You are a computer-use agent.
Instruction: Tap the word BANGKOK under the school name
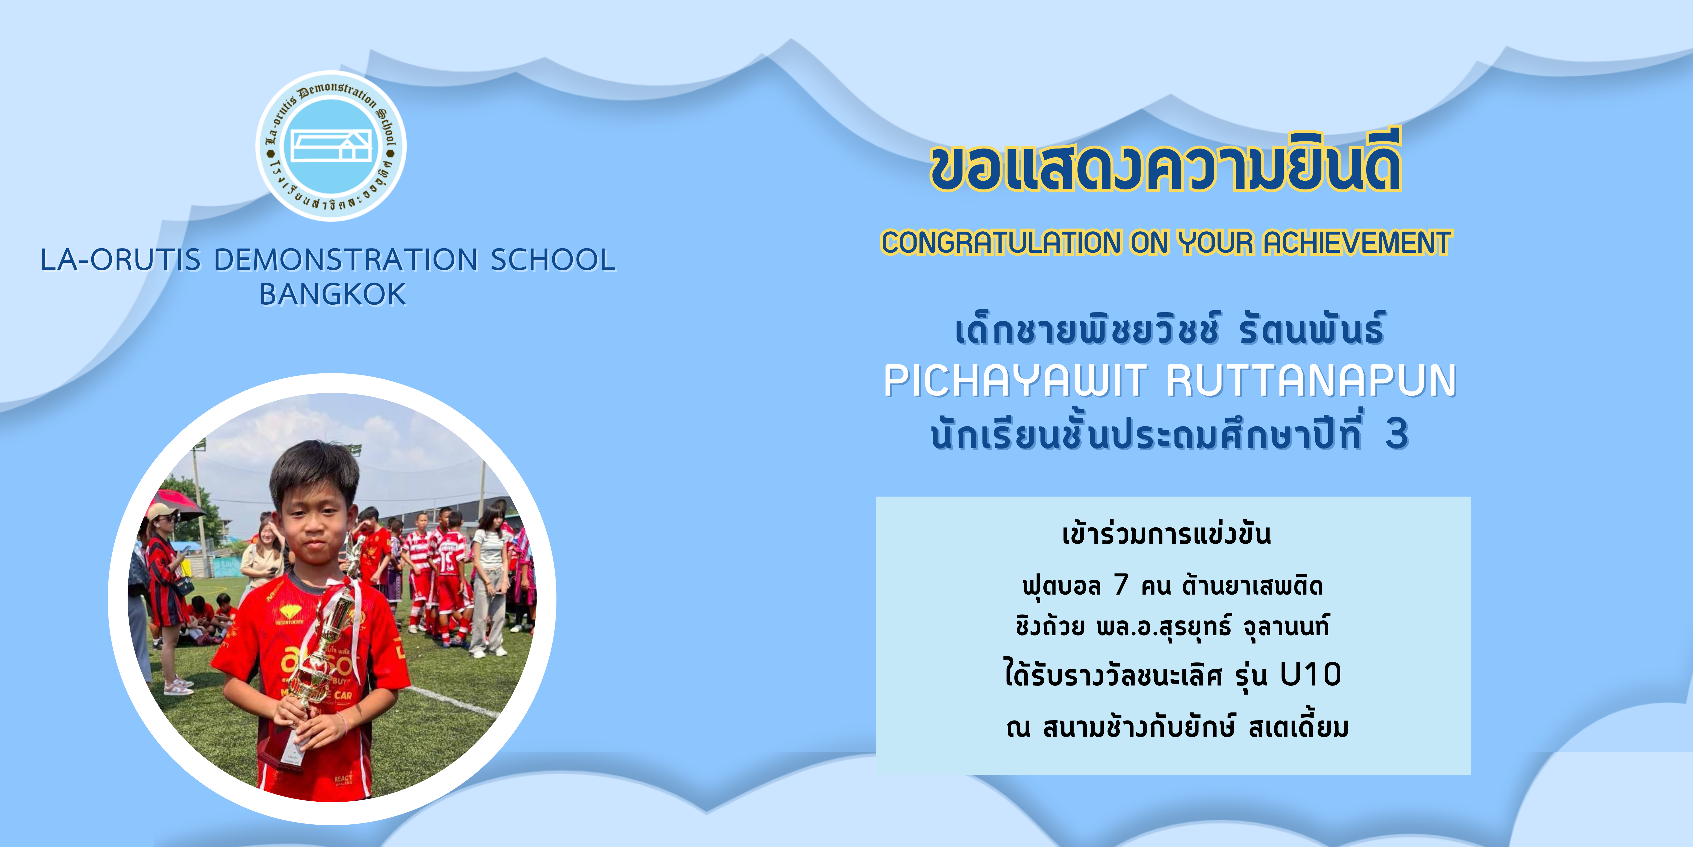tap(333, 295)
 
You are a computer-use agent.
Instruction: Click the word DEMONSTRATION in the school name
tap(346, 260)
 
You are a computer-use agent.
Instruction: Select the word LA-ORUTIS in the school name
tap(120, 260)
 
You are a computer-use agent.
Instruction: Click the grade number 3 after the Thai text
tap(1397, 435)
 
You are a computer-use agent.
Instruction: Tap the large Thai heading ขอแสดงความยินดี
tap(1165, 163)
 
